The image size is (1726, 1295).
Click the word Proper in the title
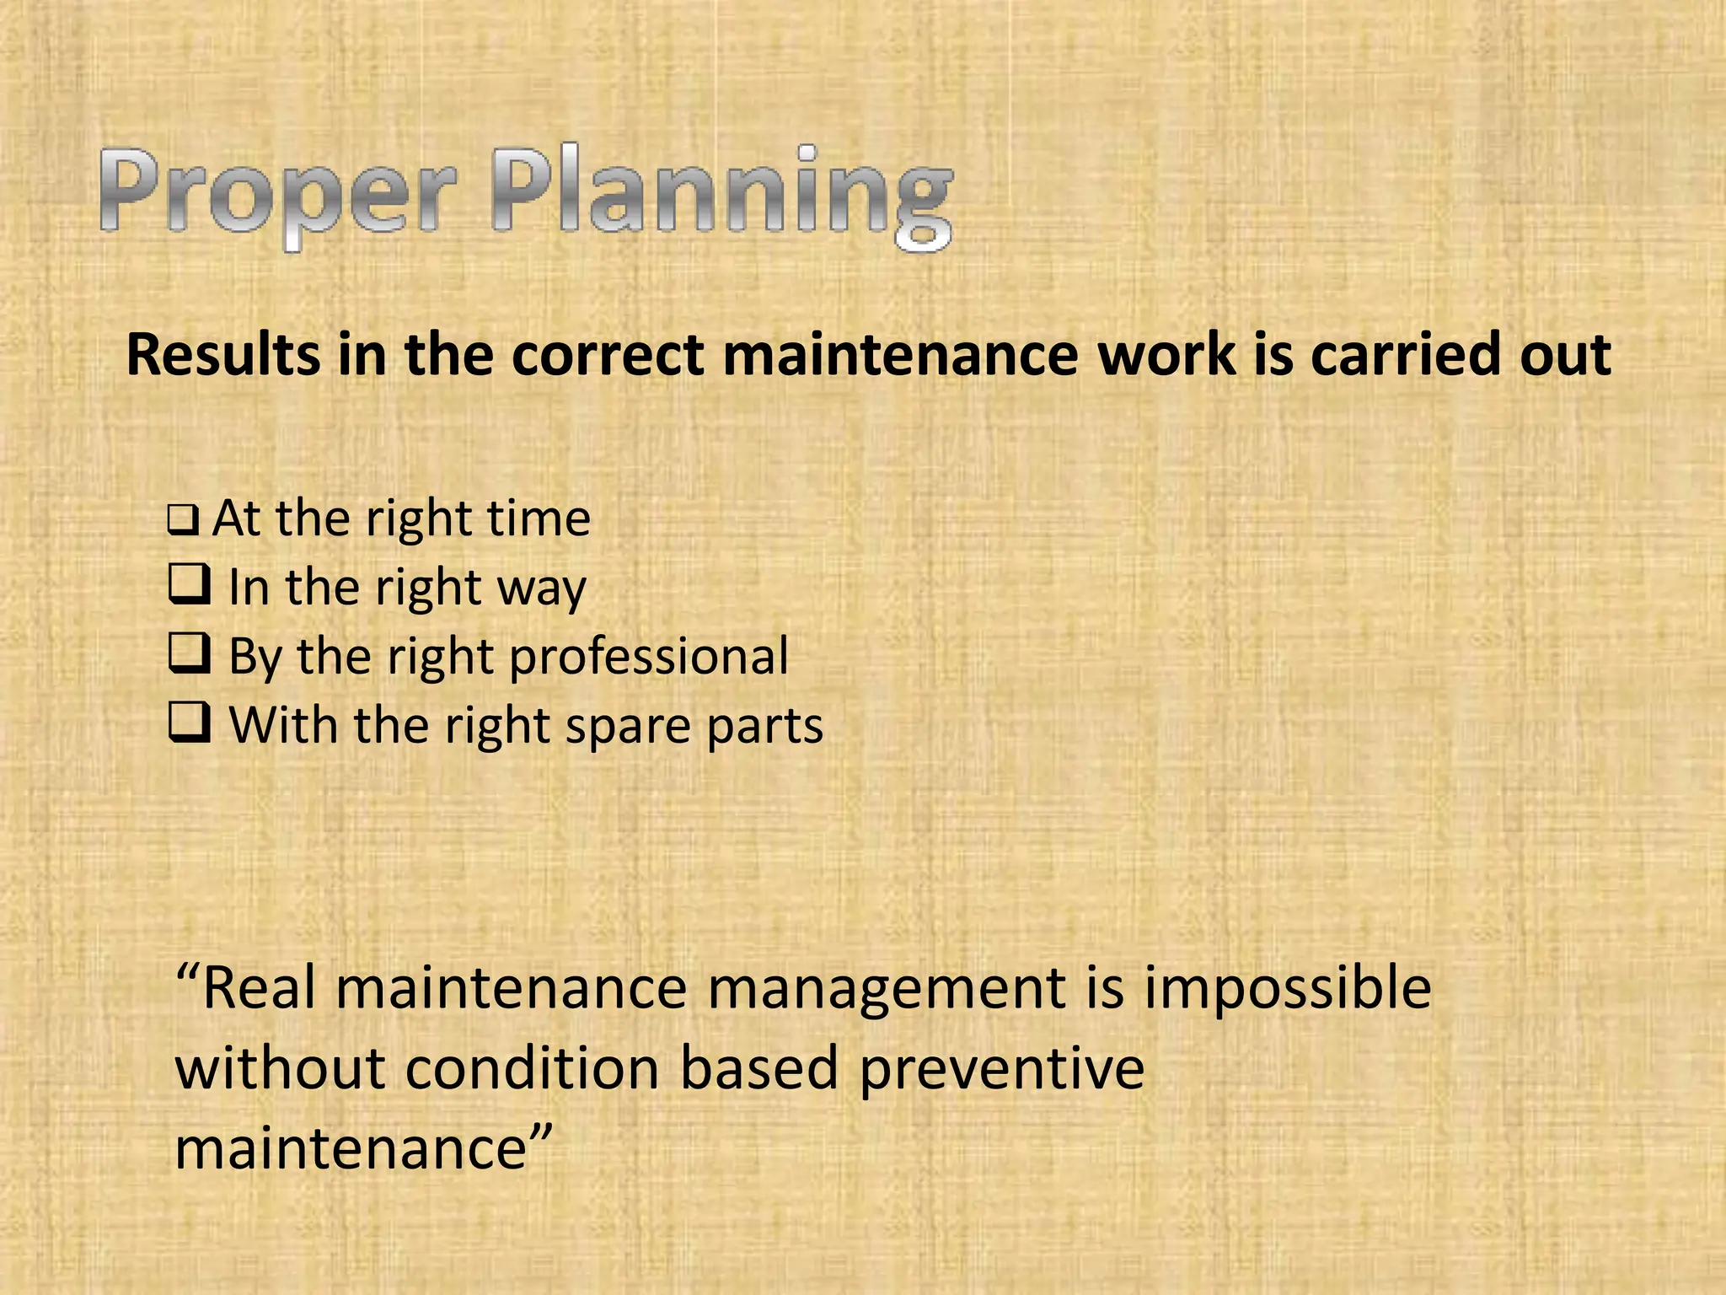click(278, 194)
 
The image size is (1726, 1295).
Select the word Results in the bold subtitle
click(222, 354)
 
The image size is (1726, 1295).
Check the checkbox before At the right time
click(183, 520)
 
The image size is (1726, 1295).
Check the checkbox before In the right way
click(190, 584)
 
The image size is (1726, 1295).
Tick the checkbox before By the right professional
click(190, 653)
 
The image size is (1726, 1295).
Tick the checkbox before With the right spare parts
click(190, 723)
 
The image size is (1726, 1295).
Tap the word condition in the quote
click(533, 1069)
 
